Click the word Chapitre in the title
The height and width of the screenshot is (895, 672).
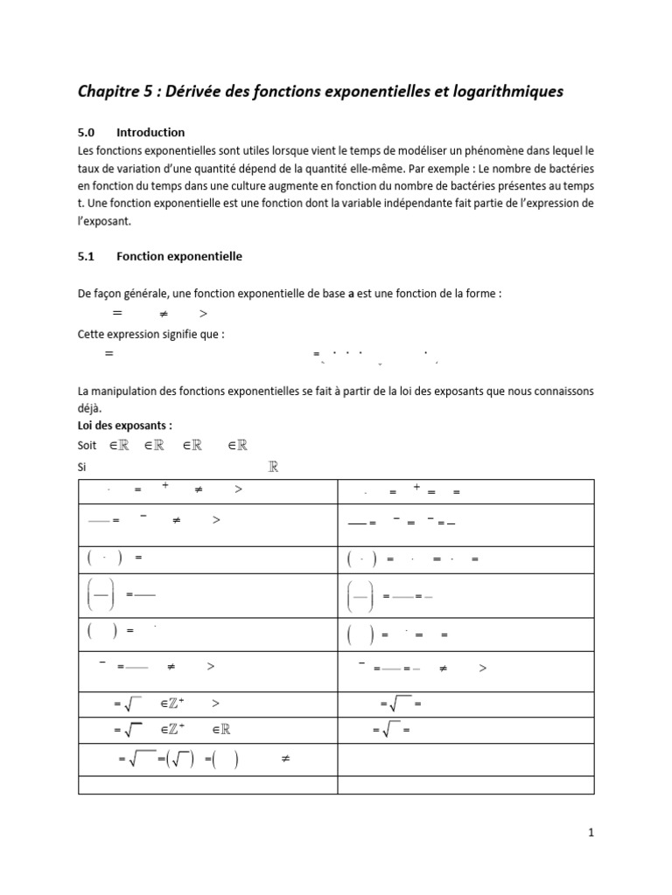[112, 92]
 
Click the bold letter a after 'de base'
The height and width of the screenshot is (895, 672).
[351, 295]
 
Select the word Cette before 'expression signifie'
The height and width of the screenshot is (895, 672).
[93, 333]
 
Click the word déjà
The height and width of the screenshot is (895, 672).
[89, 408]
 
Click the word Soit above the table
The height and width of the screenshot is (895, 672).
[88, 446]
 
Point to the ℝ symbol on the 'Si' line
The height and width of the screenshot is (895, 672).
[273, 468]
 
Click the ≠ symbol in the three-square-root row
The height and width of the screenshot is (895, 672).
[284, 759]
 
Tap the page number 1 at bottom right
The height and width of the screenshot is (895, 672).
[591, 834]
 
